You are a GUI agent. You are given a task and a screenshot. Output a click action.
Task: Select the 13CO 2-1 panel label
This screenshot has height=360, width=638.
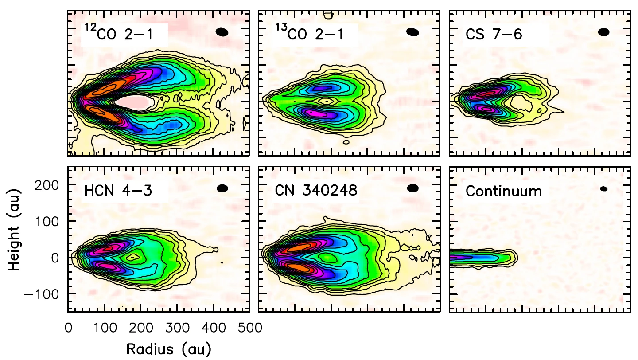310,34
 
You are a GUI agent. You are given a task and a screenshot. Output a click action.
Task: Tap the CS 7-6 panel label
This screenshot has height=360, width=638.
494,34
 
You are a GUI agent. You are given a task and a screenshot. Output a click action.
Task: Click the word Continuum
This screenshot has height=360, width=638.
504,191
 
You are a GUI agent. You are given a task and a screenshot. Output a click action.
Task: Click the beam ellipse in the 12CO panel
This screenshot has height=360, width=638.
222,32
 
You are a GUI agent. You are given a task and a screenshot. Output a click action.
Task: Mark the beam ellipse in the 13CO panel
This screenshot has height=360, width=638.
412,32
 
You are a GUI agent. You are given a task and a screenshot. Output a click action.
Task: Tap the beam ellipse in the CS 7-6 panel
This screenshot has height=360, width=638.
603,32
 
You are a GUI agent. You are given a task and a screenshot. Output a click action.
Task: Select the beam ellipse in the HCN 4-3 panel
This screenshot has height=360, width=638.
222,188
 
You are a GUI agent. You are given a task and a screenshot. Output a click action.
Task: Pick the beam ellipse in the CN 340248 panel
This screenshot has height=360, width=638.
413,188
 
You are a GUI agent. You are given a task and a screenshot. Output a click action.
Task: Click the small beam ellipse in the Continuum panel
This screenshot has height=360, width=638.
603,188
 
